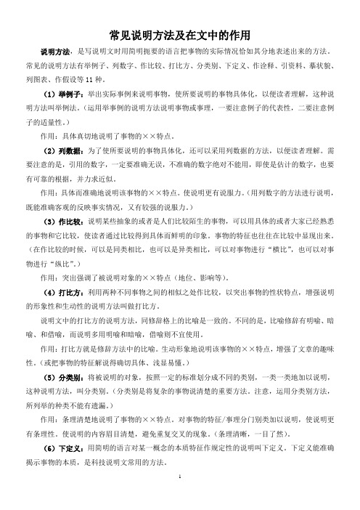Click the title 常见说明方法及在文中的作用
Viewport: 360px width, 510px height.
pyautogui.click(x=180, y=34)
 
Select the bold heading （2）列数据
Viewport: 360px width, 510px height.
pyautogui.click(x=65, y=149)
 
